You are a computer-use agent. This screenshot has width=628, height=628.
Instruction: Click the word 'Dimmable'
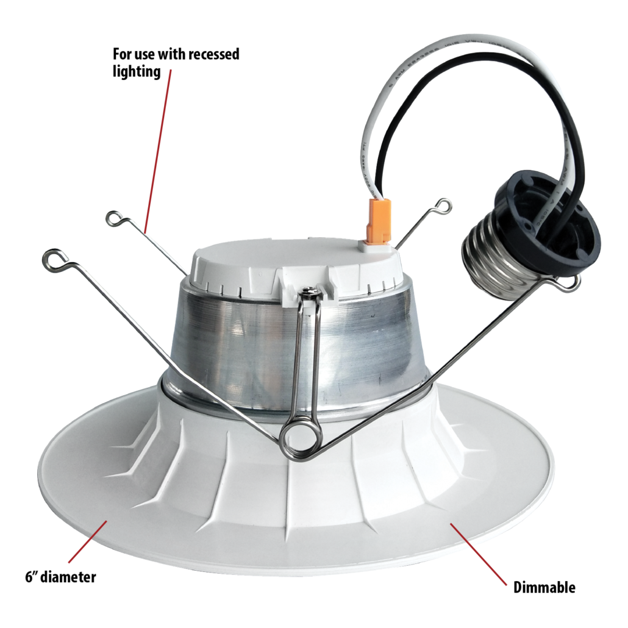pyautogui.click(x=544, y=588)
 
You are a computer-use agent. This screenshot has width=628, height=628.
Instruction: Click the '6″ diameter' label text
pyautogui.click(x=60, y=576)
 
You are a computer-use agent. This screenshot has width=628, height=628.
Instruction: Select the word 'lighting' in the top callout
pyautogui.click(x=137, y=71)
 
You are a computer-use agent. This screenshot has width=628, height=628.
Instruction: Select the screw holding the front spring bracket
pyautogui.click(x=310, y=294)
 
